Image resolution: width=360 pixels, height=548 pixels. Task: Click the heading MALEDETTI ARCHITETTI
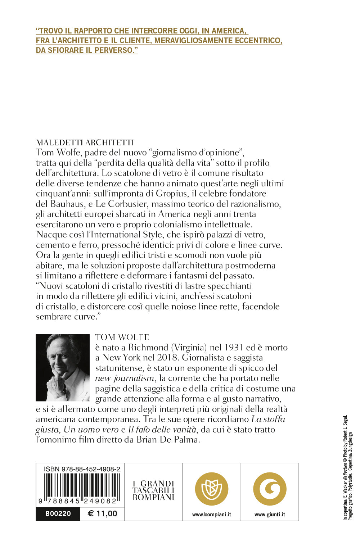[x=85, y=142]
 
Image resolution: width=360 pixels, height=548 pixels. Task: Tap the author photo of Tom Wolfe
[x=63, y=367]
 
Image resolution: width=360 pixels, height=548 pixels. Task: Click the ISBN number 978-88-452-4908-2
[x=82, y=469]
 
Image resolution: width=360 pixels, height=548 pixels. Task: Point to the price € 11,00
[x=102, y=513]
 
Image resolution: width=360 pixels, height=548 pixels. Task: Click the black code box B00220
[x=58, y=513]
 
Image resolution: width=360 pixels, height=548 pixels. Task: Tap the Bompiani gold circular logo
[x=212, y=489]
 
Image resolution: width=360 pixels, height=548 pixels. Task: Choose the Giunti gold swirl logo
[x=270, y=489]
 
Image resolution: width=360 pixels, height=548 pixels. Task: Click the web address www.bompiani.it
[x=212, y=515]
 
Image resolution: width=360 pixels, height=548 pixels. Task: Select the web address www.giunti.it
[x=270, y=515]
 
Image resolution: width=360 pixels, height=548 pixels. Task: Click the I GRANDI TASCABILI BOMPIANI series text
[x=153, y=490]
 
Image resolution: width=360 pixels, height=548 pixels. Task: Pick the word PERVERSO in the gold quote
[x=116, y=50]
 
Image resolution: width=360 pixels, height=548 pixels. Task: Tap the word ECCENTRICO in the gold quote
[x=258, y=40]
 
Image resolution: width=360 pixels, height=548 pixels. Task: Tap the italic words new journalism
[x=125, y=378]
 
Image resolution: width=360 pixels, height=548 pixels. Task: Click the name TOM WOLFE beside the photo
[x=122, y=337]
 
